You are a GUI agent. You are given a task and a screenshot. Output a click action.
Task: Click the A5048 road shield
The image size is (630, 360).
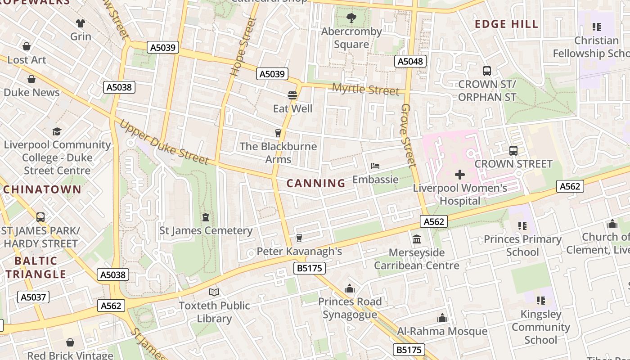pyautogui.click(x=410, y=61)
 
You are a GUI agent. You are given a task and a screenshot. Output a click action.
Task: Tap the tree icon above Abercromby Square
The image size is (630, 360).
pyautogui.click(x=351, y=18)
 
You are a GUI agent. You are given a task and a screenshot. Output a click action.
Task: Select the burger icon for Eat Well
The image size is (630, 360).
pyautogui.click(x=292, y=95)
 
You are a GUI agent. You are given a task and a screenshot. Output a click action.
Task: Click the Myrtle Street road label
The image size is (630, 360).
pyautogui.click(x=365, y=89)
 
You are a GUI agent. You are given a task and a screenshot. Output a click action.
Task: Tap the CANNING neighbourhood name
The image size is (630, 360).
pyautogui.click(x=316, y=183)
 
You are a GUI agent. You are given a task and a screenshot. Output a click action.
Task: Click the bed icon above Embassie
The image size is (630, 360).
pyautogui.click(x=375, y=166)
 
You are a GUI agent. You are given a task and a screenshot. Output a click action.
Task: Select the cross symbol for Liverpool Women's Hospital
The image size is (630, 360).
pyautogui.click(x=460, y=174)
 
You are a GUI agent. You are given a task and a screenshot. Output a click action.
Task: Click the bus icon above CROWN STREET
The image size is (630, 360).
pyautogui.click(x=513, y=151)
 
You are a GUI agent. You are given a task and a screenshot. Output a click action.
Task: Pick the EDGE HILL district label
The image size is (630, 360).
pyautogui.click(x=507, y=24)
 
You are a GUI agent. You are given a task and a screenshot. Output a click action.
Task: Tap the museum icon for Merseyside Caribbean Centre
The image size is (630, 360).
pyautogui.click(x=417, y=239)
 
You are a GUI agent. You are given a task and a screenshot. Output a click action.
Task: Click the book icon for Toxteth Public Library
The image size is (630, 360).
pyautogui.click(x=214, y=292)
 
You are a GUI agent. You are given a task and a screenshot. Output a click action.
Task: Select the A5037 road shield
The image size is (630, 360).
pyautogui.click(x=33, y=297)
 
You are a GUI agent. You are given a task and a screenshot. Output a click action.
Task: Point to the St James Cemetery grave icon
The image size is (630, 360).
pyautogui.click(x=206, y=217)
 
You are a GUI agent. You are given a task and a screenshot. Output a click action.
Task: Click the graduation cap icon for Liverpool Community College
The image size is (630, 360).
pyautogui.click(x=57, y=131)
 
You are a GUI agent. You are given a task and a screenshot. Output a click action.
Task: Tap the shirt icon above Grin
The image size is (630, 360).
pyautogui.click(x=81, y=23)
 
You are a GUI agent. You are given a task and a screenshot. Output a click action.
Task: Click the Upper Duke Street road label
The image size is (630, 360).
pyautogui.click(x=164, y=142)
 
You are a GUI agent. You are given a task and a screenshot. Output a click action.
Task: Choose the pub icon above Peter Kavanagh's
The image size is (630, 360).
pyautogui.click(x=299, y=238)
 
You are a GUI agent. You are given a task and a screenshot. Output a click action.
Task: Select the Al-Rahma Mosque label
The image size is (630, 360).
pyautogui.click(x=442, y=332)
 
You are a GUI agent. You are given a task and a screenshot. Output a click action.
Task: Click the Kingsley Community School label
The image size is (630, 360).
pyautogui.click(x=540, y=327)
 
